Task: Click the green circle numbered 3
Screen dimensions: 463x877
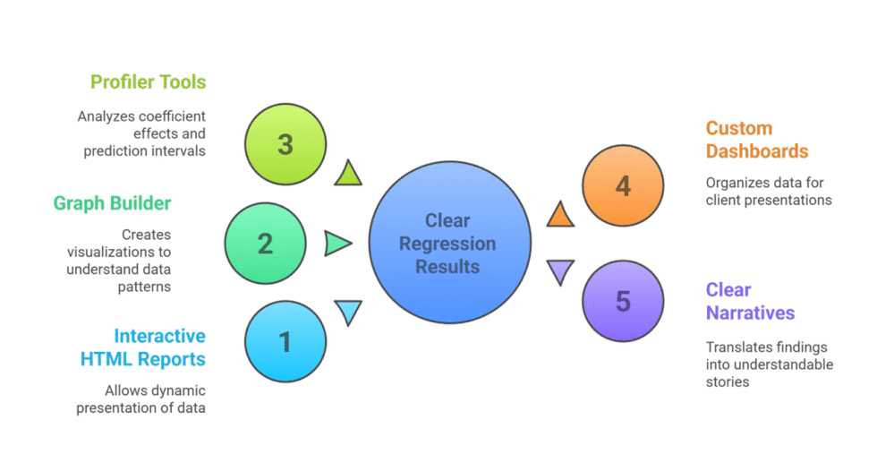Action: click(285, 144)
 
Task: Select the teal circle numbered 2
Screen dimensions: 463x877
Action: click(266, 243)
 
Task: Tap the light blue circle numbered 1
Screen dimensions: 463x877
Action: click(285, 341)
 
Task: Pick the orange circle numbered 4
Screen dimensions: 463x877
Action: click(623, 185)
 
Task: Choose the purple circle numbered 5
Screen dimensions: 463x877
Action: click(623, 301)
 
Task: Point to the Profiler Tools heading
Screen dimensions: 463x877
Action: click(148, 82)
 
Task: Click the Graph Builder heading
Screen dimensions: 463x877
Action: click(112, 203)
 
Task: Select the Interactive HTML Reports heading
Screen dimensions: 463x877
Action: click(143, 347)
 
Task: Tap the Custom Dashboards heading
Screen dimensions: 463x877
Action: click(757, 140)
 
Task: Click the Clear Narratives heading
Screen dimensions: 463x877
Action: click(750, 301)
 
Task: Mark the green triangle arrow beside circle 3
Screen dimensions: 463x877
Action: click(347, 174)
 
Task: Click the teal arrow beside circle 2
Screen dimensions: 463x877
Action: click(337, 243)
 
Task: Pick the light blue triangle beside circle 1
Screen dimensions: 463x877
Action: click(348, 312)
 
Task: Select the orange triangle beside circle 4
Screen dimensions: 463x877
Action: click(559, 215)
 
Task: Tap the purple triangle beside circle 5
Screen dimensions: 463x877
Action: click(560, 271)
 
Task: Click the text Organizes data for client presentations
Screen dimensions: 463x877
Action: click(769, 191)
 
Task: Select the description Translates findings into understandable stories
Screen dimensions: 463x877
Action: click(769, 364)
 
